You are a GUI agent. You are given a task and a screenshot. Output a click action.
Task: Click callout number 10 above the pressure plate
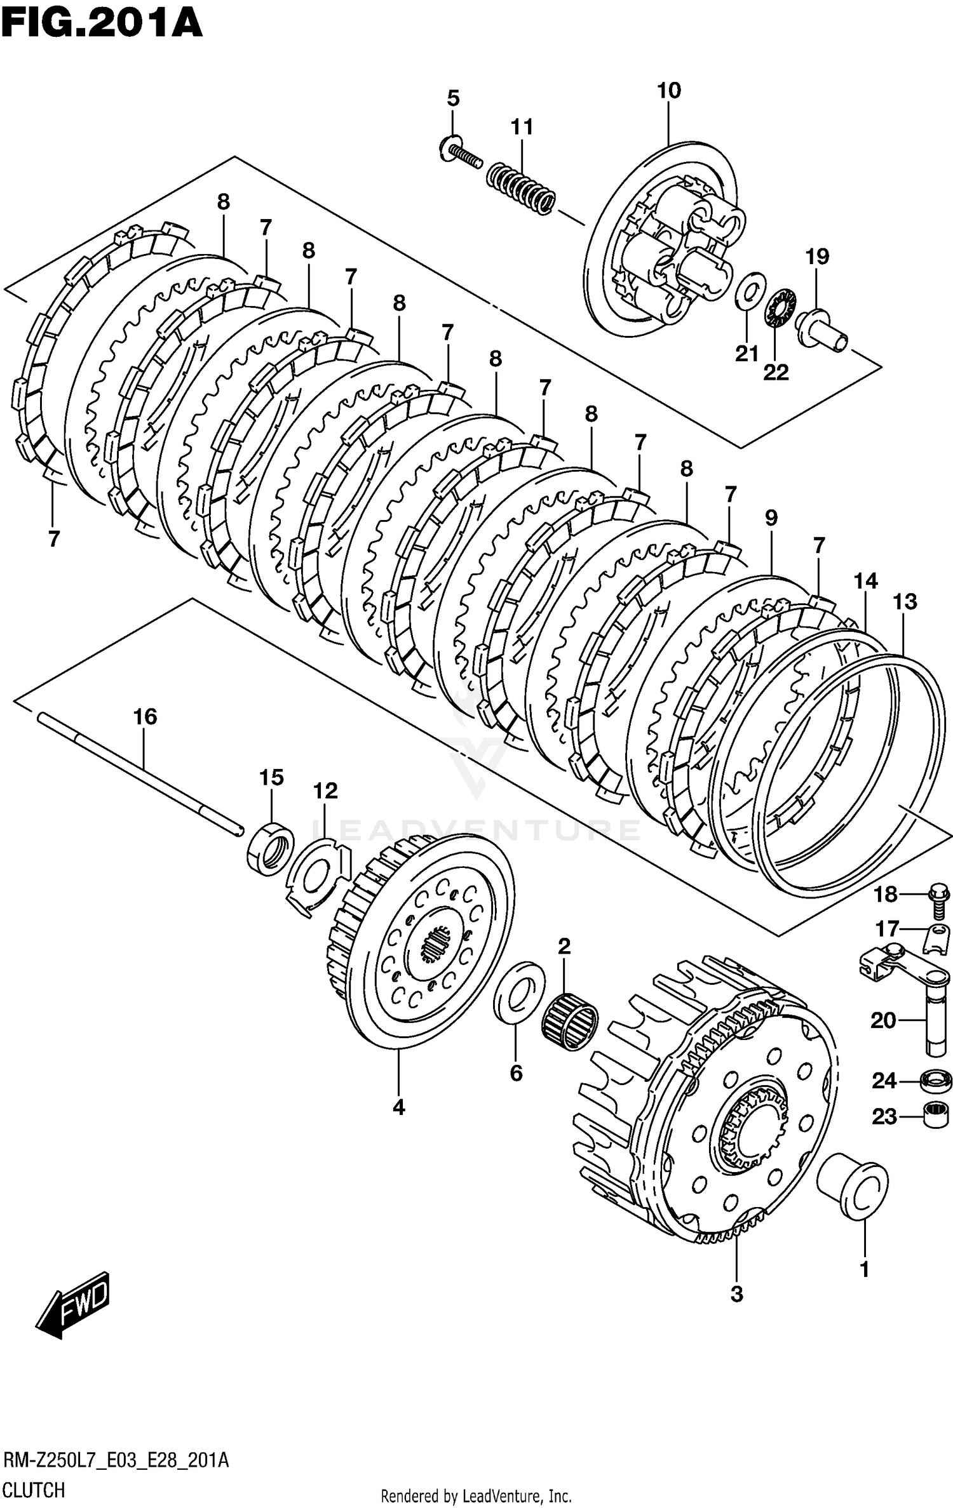668,91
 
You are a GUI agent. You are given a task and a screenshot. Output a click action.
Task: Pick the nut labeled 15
271,848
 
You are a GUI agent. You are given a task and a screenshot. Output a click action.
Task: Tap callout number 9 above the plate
771,518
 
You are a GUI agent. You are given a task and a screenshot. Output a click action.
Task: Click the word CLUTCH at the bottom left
34,1489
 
